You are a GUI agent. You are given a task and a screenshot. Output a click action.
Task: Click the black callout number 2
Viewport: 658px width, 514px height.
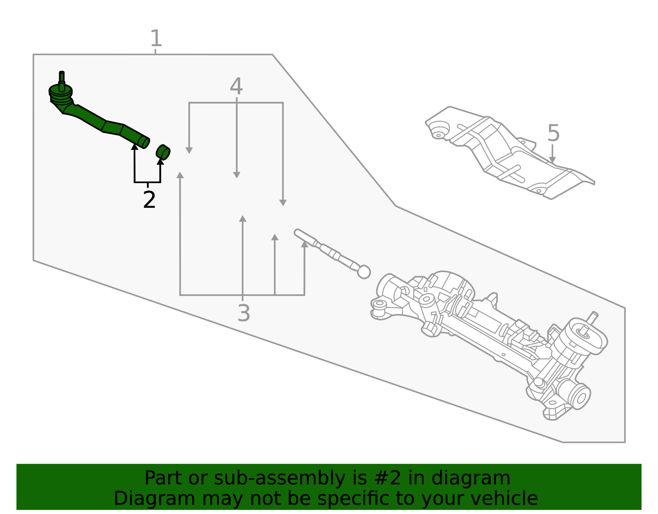point(149,200)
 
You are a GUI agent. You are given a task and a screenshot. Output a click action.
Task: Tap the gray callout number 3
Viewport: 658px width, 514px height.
point(243,313)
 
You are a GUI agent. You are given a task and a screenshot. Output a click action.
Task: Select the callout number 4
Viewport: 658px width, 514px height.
point(236,86)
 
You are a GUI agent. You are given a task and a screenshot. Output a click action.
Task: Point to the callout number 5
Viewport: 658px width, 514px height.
point(554,133)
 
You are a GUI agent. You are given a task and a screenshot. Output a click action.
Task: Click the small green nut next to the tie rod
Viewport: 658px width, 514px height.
point(163,152)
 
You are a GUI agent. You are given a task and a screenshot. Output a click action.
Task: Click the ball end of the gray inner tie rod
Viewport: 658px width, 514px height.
point(364,272)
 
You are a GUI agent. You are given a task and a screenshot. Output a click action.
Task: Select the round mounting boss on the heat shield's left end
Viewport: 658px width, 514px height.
point(438,130)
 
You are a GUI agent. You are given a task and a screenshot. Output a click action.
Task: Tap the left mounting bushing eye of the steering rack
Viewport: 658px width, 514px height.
point(379,305)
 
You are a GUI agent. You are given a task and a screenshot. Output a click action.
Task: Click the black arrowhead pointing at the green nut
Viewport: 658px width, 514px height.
point(160,161)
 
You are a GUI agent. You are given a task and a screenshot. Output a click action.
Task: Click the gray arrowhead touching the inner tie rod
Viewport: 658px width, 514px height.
point(304,244)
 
